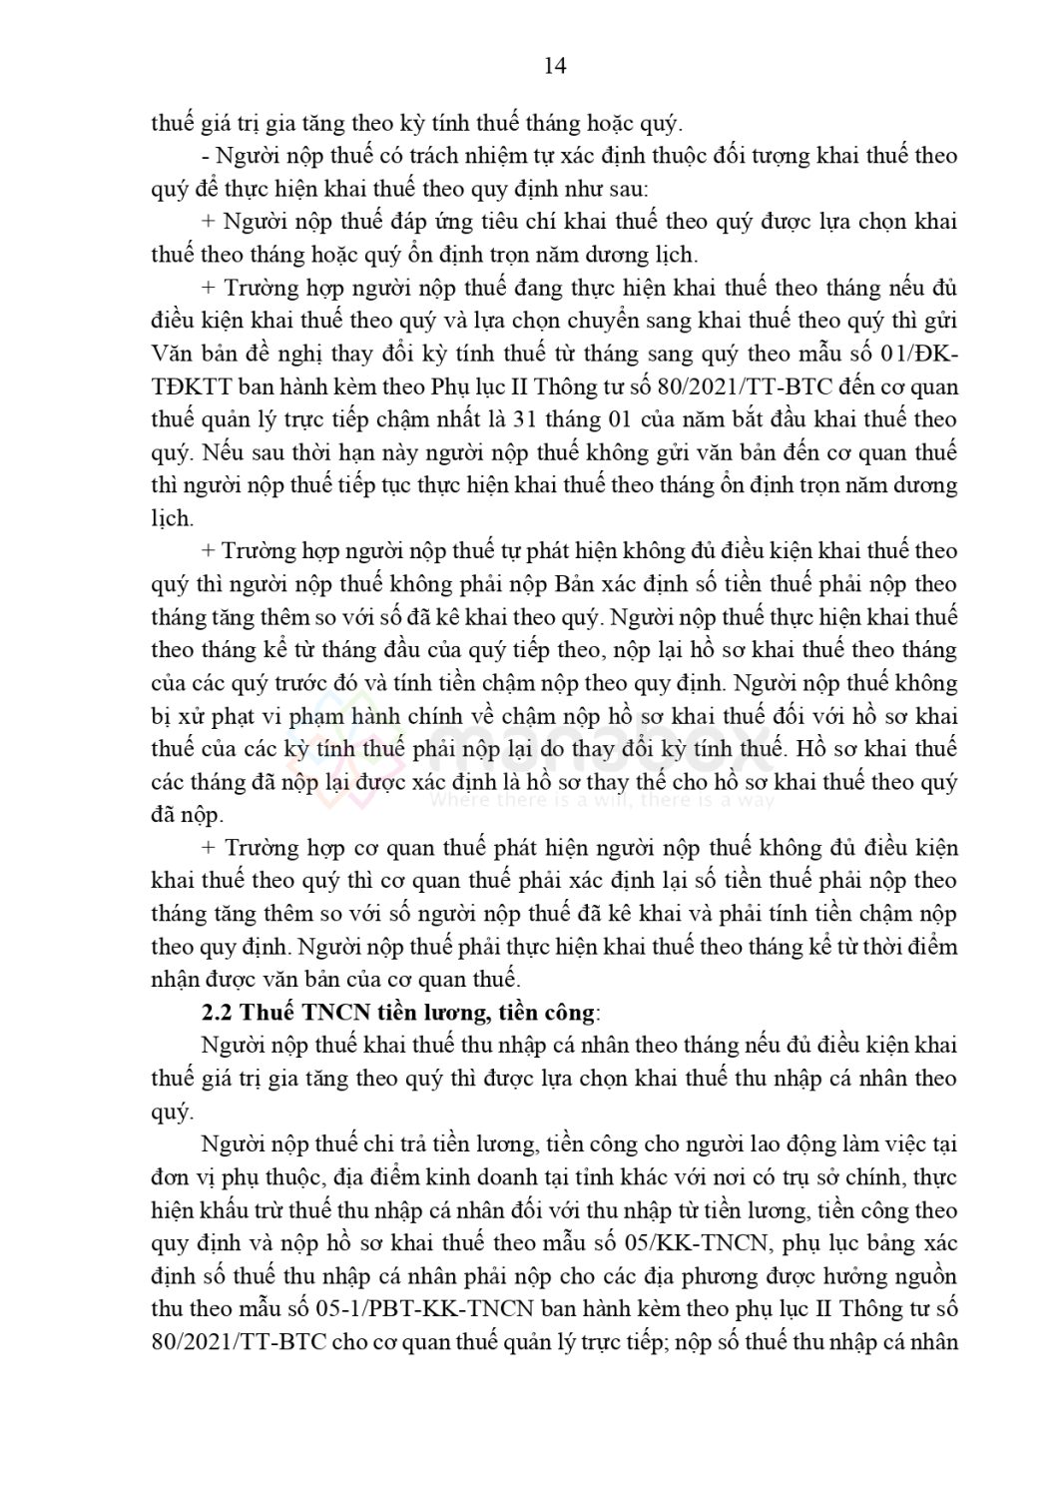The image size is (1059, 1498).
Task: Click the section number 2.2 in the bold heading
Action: (217, 1013)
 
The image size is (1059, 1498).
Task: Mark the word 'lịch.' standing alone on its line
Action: (171, 518)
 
